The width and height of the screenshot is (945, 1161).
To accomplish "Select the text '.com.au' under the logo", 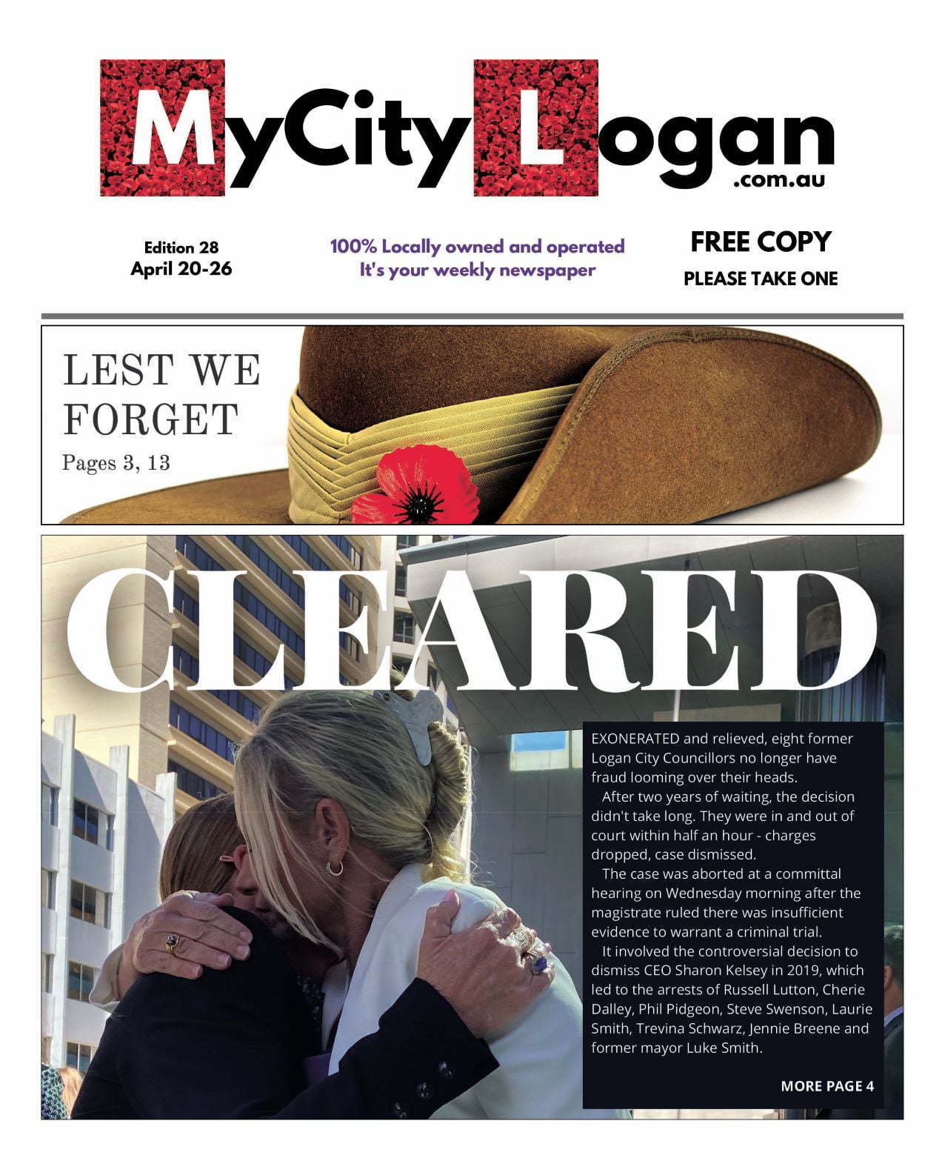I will (779, 180).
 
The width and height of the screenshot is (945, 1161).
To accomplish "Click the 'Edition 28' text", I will (181, 247).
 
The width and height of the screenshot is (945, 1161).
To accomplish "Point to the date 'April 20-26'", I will (181, 268).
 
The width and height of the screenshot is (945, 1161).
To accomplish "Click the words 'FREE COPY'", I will (761, 242).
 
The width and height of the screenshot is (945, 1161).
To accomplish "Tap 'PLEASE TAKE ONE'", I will (761, 279).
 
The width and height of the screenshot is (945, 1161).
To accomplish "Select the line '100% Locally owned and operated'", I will (478, 247).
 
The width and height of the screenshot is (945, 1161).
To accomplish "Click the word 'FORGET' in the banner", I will (150, 419).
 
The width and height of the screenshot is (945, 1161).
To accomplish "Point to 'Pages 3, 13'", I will (116, 463).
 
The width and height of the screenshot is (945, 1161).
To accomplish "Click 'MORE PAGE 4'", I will (827, 1086).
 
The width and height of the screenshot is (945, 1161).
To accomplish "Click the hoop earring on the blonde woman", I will (335, 866).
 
